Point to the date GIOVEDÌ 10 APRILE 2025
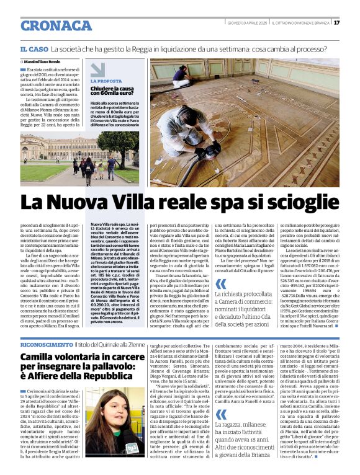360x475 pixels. pos(246,23)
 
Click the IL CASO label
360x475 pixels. pos(34,48)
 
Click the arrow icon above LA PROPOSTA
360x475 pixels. pos(97,69)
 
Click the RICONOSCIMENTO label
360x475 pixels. pos(47,344)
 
